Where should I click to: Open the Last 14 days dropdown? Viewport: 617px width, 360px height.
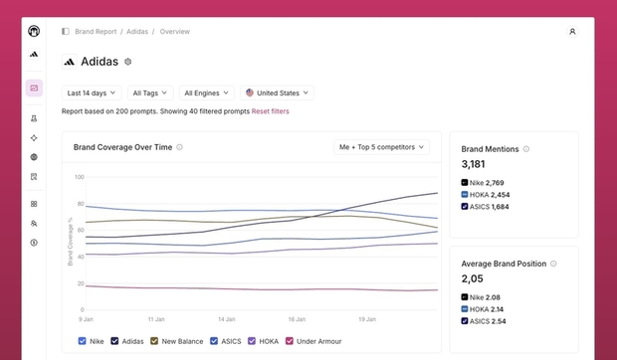[x=92, y=93]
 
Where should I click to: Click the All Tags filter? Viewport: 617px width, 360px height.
[x=150, y=93]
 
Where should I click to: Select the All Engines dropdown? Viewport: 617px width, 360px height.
[x=207, y=93]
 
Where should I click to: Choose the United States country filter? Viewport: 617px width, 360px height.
[x=277, y=93]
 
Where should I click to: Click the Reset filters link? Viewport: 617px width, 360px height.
[x=271, y=111]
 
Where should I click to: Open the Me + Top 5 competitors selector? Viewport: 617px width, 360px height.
[x=382, y=147]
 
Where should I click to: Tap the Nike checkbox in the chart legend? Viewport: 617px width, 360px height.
[x=83, y=341]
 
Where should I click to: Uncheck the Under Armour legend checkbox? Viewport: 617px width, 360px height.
[x=290, y=341]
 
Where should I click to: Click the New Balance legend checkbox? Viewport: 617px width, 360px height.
[x=154, y=341]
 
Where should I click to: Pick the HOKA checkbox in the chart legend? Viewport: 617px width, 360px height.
[x=252, y=341]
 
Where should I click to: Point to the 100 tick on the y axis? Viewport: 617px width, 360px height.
[x=79, y=177]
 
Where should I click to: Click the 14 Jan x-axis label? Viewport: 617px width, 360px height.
[x=227, y=319]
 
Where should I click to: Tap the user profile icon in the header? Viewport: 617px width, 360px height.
[x=572, y=32]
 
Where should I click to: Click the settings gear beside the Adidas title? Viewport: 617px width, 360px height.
[x=128, y=62]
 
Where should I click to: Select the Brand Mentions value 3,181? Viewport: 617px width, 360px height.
[x=473, y=164]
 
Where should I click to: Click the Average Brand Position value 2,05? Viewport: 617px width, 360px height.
[x=472, y=278]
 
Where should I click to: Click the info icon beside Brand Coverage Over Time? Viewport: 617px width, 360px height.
[x=179, y=147]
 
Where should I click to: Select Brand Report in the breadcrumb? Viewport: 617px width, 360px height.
[x=96, y=32]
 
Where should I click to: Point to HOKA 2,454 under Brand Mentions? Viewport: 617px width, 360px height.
[x=486, y=195]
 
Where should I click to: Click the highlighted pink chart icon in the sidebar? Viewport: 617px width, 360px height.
[x=34, y=89]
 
